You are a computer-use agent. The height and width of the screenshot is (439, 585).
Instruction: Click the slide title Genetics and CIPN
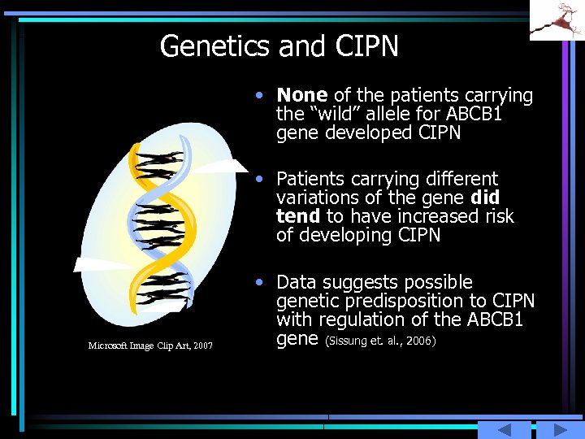[x=279, y=46]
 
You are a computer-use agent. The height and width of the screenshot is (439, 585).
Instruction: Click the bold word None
[x=302, y=96]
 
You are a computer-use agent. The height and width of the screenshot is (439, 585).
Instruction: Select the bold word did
[x=484, y=198]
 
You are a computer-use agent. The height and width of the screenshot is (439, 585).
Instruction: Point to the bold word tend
[x=298, y=216]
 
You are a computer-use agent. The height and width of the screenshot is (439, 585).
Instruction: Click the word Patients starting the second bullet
[x=313, y=179]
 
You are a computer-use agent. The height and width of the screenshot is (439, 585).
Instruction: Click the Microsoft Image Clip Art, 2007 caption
[x=150, y=346]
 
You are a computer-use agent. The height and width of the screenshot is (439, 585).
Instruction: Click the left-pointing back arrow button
[x=504, y=429]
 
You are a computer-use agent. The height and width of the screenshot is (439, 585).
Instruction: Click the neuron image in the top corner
[x=557, y=20]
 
